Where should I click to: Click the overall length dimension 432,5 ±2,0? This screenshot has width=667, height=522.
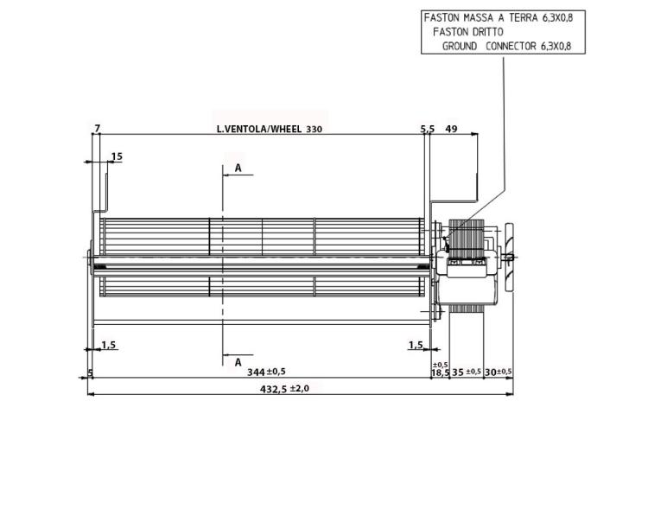[285, 388]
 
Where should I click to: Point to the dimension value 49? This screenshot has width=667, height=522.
[451, 129]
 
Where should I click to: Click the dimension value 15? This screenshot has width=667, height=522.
[117, 156]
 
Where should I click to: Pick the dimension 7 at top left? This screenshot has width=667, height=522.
[98, 129]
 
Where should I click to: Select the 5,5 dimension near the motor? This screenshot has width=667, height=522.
[428, 129]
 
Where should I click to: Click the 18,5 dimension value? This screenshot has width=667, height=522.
[440, 372]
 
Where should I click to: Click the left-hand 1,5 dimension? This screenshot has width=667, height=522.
[109, 345]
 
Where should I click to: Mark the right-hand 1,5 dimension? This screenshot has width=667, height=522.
[416, 345]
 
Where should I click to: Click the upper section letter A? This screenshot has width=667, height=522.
[238, 169]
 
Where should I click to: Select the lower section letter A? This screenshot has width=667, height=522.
[238, 362]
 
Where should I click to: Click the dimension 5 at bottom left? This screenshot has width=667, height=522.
[90, 373]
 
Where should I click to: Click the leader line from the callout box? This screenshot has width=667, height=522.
[502, 130]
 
